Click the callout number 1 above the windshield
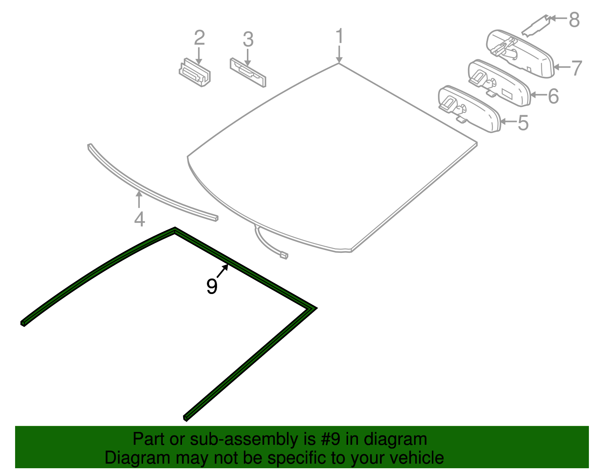339,36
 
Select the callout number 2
199,38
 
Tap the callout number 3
248,39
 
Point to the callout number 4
139,219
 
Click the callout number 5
523,123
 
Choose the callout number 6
553,96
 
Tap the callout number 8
574,20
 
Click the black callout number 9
212,286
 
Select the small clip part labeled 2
195,73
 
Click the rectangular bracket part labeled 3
248,72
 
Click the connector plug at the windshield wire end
284,255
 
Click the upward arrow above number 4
139,199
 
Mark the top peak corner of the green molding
175,229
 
